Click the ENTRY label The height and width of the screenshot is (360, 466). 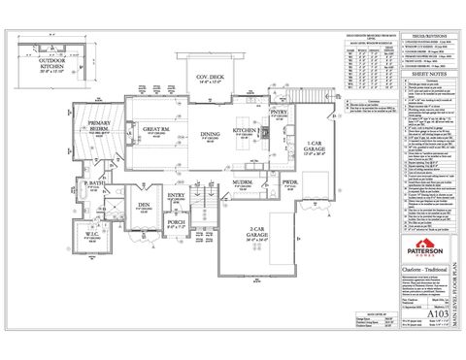coord(177,195)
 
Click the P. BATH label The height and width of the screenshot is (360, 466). coord(93,184)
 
